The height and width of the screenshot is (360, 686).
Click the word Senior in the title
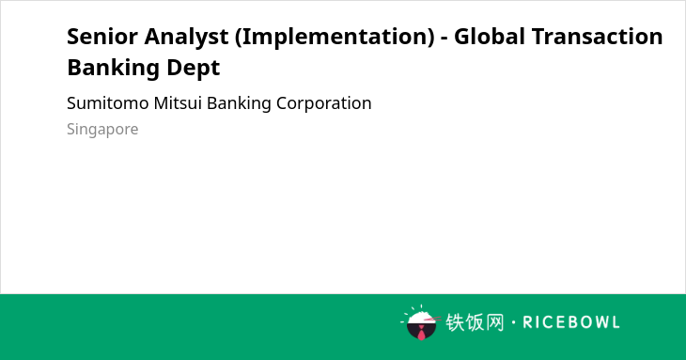[102, 37]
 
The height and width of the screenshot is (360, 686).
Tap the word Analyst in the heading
[186, 38]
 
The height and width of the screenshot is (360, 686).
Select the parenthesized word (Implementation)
[335, 38]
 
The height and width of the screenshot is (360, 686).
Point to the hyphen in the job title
[444, 38]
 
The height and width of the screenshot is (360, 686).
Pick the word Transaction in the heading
[597, 37]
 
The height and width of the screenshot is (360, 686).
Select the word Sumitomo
[108, 103]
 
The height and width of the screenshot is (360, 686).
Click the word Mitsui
[178, 103]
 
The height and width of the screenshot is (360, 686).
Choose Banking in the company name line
[239, 104]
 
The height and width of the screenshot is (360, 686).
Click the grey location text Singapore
[102, 130]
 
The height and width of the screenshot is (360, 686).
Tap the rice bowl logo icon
[420, 322]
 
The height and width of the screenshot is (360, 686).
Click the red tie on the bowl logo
[421, 334]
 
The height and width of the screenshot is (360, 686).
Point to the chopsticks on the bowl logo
[432, 320]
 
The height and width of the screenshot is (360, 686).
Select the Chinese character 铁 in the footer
[455, 322]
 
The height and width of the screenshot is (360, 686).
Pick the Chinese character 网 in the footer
[494, 322]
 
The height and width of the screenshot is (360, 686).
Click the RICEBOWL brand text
[571, 322]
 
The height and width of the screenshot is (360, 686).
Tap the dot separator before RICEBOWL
[513, 322]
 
